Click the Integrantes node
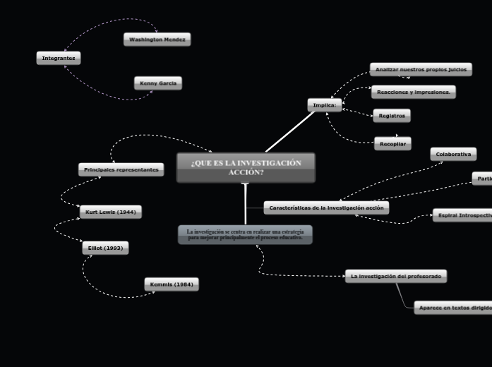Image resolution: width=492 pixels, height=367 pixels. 59,58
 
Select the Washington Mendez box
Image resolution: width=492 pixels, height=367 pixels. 157,40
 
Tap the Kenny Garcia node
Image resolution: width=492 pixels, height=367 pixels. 158,83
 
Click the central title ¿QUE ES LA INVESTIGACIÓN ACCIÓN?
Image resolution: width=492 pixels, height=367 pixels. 246,167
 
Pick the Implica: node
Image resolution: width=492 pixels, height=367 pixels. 325,105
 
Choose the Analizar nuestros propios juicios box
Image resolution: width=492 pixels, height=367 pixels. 421,69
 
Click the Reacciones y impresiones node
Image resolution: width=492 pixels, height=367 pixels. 414,92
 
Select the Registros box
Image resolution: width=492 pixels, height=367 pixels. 392,115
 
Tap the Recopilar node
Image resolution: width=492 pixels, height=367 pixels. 392,143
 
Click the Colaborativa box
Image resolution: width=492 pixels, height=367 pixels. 453,154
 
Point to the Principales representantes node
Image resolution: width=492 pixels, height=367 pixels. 121,169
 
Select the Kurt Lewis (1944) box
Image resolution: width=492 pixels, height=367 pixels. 111,212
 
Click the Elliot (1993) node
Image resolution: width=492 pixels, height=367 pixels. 105,248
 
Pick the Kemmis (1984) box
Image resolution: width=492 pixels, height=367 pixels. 172,284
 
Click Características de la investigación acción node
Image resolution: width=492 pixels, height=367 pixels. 326,207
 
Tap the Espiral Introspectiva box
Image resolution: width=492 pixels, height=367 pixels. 462,215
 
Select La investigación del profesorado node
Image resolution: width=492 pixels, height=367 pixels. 396,276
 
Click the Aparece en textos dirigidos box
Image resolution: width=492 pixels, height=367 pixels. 452,308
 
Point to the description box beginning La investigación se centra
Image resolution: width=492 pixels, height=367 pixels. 245,234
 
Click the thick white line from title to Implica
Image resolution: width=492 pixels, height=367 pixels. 289,132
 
